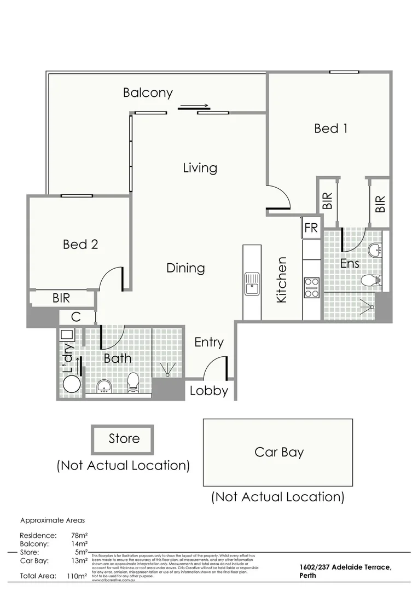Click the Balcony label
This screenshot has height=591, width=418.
point(148,92)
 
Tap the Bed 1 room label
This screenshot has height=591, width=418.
point(330,129)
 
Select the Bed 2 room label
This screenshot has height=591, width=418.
point(80,244)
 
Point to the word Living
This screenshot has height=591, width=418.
point(200,168)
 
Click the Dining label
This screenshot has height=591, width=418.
point(185,268)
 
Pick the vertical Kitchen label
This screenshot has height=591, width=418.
point(282,280)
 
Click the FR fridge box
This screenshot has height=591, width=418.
point(311,228)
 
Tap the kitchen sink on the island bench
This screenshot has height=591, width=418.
point(252,283)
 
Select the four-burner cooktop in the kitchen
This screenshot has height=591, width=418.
point(312,288)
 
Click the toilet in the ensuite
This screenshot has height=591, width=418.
point(371,281)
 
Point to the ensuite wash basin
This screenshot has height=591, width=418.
point(375,250)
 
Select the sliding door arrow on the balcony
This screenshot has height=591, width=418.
point(193,107)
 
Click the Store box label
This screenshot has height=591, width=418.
point(124,438)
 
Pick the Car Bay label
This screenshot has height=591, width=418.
point(278,452)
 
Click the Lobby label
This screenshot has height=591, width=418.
point(208,391)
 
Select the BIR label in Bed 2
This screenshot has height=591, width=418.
point(61,299)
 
